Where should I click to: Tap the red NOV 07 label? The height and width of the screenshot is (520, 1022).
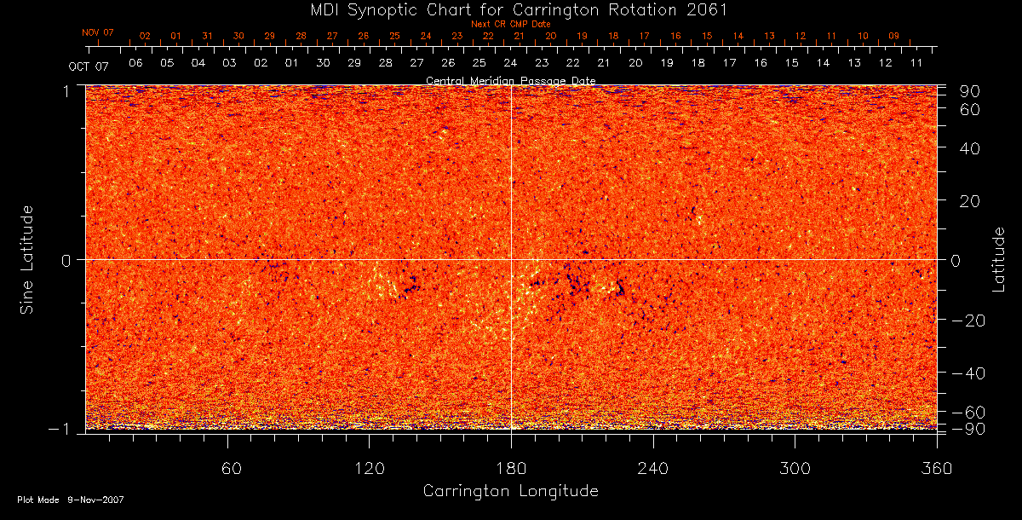[98, 32]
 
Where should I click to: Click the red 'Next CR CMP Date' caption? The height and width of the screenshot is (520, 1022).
[510, 24]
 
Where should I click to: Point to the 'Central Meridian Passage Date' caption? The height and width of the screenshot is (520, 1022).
[510, 81]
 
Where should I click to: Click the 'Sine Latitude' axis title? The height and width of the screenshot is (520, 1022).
[28, 258]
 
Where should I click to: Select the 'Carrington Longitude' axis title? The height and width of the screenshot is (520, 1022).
[510, 491]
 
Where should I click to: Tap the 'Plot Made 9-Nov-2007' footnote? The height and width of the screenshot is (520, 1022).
[71, 500]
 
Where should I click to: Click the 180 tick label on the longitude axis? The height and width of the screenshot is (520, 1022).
[510, 468]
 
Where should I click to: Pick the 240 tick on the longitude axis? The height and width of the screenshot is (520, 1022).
[652, 468]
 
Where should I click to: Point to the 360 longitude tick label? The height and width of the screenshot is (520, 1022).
[936, 468]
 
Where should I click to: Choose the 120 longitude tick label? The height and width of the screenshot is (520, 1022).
[369, 468]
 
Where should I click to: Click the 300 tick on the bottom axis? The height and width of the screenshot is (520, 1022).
[795, 468]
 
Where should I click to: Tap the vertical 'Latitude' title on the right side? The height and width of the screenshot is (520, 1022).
[998, 258]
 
